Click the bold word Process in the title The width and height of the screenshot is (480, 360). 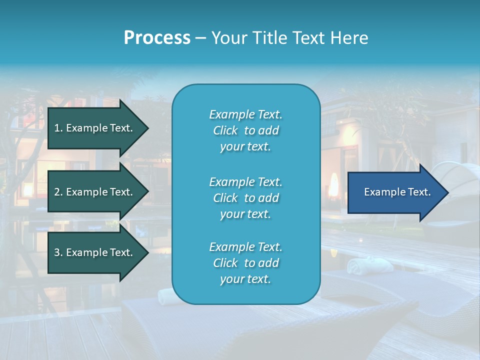point(157,38)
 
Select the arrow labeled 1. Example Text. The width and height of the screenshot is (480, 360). point(95,128)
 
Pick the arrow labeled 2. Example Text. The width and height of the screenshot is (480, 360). point(95,192)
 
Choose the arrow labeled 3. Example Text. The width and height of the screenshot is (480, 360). point(95,252)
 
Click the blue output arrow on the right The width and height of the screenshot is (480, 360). point(395,192)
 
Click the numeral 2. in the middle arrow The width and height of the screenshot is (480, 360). point(58,192)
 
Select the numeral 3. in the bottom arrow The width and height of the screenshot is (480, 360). point(58,252)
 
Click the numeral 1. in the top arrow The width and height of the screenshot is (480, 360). point(58,128)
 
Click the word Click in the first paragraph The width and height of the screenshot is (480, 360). point(225,131)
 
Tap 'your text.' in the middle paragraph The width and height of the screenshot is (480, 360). point(245,214)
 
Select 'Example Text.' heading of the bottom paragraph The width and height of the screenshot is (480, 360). point(245,247)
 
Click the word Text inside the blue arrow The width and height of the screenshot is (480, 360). point(419,192)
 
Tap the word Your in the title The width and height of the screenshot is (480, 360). point(228,38)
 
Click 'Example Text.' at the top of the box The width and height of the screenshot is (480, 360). point(245,114)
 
